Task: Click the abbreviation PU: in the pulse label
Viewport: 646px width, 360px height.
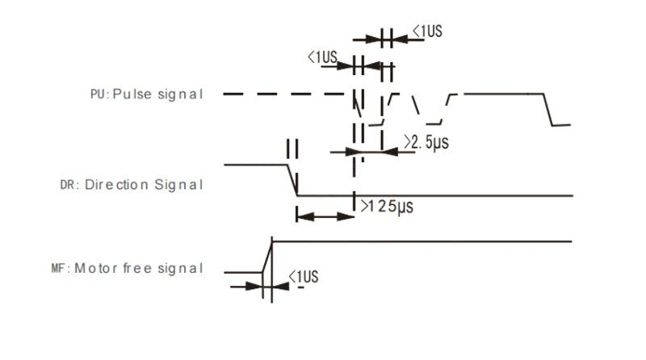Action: pos(99,94)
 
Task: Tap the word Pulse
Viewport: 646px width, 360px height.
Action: pos(128,94)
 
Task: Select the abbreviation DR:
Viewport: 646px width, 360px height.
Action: pos(70,185)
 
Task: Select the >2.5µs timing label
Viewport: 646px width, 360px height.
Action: pos(426,143)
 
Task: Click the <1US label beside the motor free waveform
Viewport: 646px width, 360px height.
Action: pos(304,278)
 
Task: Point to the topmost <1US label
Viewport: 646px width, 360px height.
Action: pos(427,32)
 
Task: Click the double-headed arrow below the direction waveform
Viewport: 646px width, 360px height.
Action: pos(325,216)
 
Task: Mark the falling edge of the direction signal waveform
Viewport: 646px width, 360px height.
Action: pos(292,179)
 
